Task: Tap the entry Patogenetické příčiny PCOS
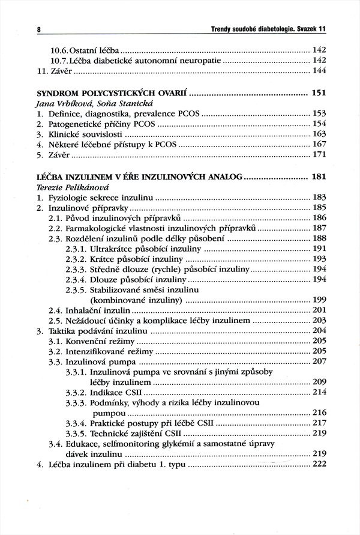(x=100, y=124)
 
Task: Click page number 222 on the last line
(x=319, y=464)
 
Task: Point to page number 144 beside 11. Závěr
(x=319, y=71)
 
